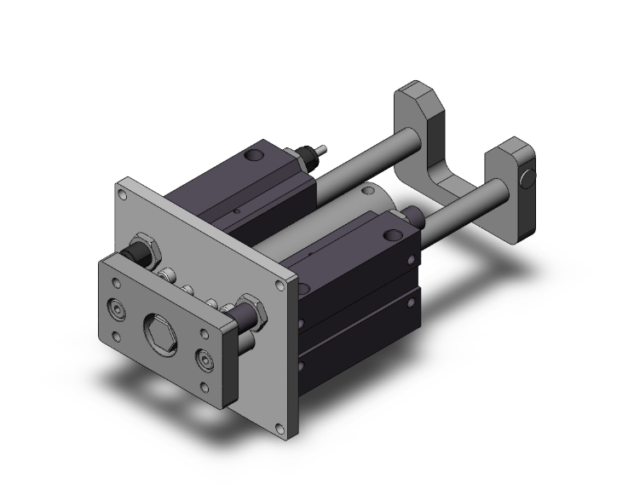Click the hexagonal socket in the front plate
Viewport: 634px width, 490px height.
[x=159, y=327]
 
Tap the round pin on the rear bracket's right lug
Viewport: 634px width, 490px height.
[x=527, y=180]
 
